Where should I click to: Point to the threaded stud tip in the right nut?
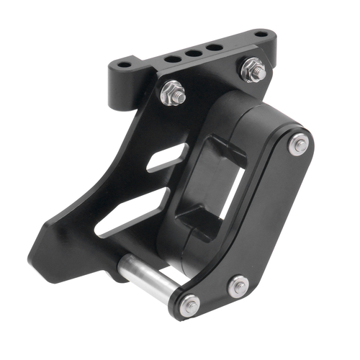251,67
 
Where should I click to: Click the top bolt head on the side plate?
299,145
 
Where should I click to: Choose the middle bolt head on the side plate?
238,287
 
